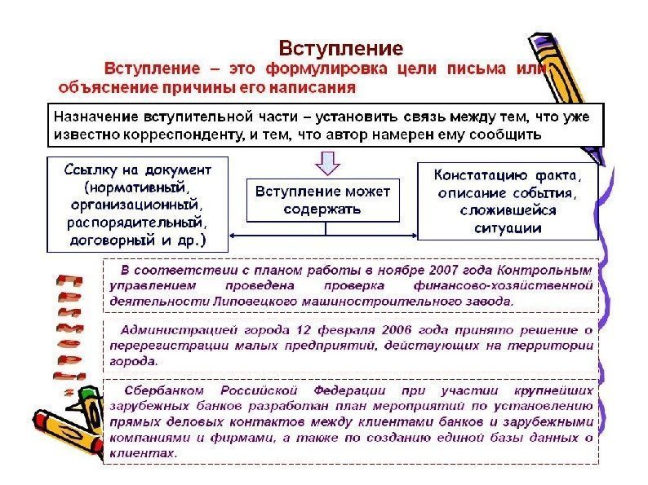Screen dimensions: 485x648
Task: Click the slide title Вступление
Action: [340, 47]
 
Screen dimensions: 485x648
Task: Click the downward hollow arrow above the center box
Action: [326, 163]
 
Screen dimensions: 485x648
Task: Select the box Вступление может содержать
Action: [324, 200]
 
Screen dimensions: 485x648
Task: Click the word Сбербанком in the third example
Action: [161, 391]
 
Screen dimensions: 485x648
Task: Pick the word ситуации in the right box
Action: [508, 227]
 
